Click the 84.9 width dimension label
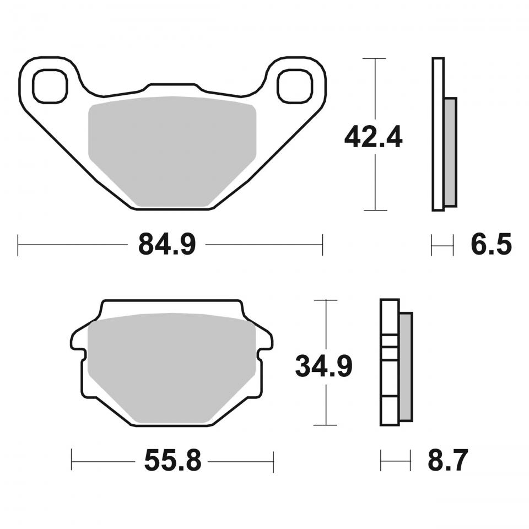[x=166, y=244]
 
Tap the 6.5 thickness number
[x=491, y=244]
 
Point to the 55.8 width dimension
[x=172, y=461]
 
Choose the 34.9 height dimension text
[x=323, y=366]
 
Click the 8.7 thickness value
[x=447, y=461]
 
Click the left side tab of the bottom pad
[x=78, y=341]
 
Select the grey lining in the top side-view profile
[x=450, y=152]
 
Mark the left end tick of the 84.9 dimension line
[x=18, y=245]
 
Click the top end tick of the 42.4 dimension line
[x=375, y=58]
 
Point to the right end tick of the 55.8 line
[x=273, y=461]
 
